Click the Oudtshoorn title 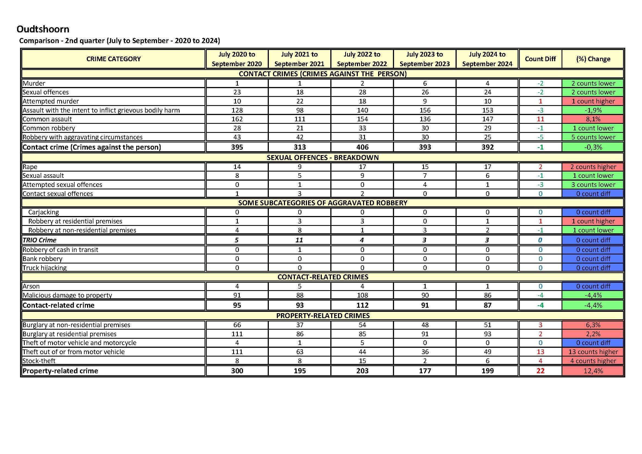point(43,29)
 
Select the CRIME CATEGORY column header point(113,59)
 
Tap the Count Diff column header point(540,59)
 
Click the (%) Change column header point(593,59)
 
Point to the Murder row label point(34,83)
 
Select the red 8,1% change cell point(593,119)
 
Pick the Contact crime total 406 point(362,147)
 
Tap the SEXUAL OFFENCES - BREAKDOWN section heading point(322,158)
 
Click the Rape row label point(30,167)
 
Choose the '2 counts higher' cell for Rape point(593,167)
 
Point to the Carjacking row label point(44,212)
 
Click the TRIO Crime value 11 point(299,240)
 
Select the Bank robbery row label point(43,259)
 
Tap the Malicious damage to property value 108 point(362,295)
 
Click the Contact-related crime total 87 point(487,305)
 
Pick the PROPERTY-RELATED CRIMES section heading point(323,316)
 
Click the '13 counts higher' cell point(593,352)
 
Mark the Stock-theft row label point(39,361)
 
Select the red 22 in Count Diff point(540,371)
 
